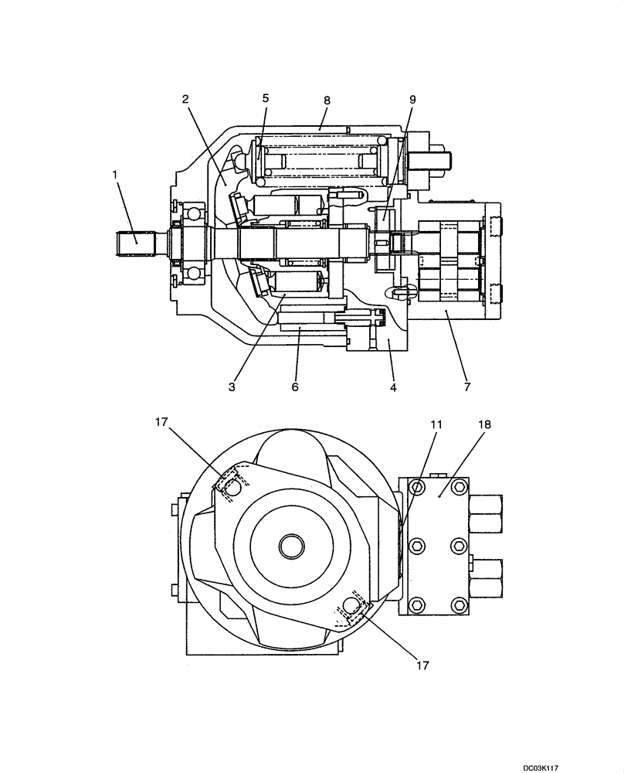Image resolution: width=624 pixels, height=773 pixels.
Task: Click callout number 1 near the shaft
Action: [114, 175]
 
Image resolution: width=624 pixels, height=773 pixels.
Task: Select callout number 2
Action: [185, 99]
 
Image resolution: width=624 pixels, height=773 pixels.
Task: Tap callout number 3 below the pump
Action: [231, 386]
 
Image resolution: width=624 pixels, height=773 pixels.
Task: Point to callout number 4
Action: [393, 386]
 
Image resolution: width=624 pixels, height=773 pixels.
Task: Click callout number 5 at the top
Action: [266, 98]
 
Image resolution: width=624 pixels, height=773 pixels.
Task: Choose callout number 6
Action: [294, 386]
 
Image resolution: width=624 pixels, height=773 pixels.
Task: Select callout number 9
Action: [412, 100]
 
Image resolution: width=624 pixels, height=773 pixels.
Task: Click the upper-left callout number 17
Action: [161, 421]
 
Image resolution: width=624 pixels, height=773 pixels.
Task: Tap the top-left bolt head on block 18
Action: [418, 487]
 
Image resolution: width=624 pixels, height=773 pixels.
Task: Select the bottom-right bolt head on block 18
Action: [460, 604]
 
